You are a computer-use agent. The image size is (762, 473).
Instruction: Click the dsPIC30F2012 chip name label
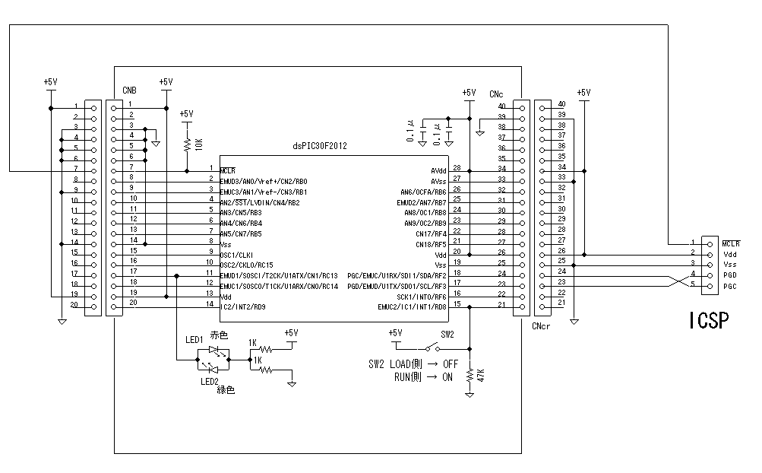tap(320, 146)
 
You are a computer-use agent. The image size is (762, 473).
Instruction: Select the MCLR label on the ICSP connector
tap(731, 243)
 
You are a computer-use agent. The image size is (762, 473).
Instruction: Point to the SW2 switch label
tap(447, 335)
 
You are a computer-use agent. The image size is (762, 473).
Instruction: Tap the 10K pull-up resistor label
tap(199, 143)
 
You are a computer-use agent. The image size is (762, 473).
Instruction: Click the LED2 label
tap(210, 381)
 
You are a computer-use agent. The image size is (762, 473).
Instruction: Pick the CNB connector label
tap(130, 91)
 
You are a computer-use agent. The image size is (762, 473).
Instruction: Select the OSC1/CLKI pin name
tap(237, 254)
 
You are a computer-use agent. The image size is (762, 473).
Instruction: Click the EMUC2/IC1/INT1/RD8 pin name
tap(413, 306)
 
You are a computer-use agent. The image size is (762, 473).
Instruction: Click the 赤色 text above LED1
tap(219, 335)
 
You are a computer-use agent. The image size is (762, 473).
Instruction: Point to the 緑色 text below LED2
tap(226, 390)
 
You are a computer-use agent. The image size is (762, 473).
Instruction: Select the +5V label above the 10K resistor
tap(187, 113)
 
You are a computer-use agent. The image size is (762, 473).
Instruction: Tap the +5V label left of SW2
tap(394, 333)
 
